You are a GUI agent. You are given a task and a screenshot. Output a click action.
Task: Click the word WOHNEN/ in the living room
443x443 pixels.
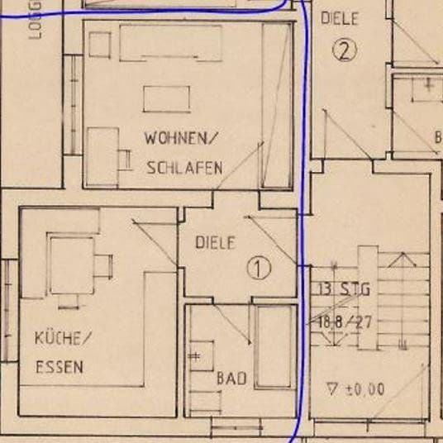point(183,137)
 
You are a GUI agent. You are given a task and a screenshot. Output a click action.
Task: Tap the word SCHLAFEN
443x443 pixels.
point(184,168)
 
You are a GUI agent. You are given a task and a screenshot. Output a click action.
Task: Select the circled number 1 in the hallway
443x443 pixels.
point(260,268)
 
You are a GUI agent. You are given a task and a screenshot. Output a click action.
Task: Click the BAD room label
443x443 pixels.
point(231,379)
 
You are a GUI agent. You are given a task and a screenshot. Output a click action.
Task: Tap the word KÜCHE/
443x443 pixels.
point(62,339)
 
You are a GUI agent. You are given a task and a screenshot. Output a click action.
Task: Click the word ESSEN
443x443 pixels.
point(59,368)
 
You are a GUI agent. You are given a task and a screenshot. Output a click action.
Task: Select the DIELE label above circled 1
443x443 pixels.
point(216,243)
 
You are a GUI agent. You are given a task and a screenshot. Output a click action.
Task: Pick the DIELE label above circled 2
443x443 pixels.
point(340,17)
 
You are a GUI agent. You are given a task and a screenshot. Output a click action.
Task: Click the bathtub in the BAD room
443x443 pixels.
point(275,347)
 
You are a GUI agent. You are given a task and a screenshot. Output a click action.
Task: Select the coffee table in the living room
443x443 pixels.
point(167,99)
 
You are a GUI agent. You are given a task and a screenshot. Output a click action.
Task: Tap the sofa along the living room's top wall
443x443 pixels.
point(171,42)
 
